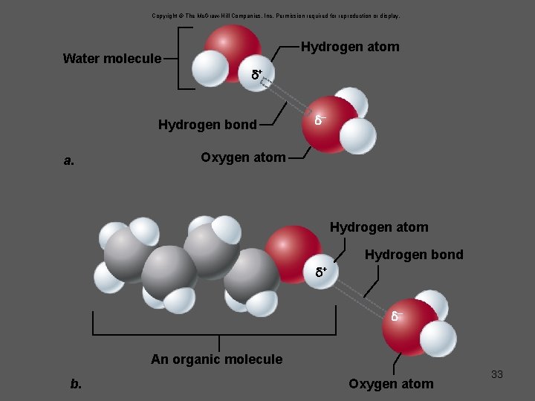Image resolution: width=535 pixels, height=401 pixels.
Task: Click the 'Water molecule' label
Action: tap(111, 59)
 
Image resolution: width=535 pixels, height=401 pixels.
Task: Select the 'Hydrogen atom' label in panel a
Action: tap(350, 47)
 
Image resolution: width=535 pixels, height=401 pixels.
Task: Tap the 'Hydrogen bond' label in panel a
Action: tap(207, 124)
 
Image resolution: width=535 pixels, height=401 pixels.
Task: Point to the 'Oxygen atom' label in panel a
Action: tap(243, 157)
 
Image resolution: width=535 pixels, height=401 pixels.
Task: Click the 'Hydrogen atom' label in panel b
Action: tap(379, 227)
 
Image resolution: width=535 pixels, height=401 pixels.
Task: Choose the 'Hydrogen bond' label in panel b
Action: tap(414, 255)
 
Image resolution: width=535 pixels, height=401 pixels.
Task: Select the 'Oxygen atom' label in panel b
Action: tap(391, 383)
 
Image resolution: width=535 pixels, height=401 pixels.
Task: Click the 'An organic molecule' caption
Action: tap(216, 359)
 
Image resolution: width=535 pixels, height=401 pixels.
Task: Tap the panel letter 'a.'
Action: tap(69, 160)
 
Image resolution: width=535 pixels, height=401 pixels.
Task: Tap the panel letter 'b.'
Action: tap(76, 384)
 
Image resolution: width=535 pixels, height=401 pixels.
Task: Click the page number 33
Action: tap(497, 374)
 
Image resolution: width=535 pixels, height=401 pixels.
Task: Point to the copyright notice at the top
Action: tap(276, 15)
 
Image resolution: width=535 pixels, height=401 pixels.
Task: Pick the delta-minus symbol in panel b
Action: tap(398, 316)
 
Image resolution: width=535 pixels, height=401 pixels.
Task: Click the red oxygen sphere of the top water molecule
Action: tap(233, 46)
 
